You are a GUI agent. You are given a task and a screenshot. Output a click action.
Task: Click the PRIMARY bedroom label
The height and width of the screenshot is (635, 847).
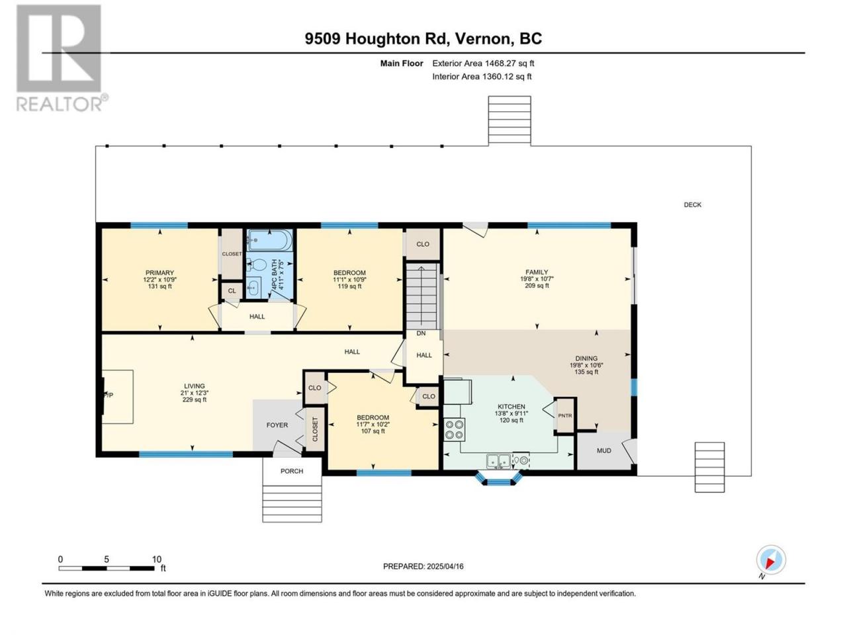159,273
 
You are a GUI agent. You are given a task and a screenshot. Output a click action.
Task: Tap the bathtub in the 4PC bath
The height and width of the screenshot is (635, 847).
269,240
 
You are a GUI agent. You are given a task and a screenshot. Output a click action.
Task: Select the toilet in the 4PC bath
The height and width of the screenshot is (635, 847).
257,265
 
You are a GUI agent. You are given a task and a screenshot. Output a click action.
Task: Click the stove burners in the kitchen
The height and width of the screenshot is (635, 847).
454,429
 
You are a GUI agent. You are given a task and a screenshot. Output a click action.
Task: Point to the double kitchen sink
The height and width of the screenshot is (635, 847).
498,460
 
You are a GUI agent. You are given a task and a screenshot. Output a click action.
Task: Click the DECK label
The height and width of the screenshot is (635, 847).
692,205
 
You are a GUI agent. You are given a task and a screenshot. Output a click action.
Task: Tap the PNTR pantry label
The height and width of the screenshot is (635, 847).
565,415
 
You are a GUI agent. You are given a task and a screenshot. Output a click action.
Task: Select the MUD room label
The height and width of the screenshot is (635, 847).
604,450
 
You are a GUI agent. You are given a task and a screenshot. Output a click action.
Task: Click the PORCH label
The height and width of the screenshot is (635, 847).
292,471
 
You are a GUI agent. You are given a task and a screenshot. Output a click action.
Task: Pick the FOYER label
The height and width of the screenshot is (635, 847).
277,425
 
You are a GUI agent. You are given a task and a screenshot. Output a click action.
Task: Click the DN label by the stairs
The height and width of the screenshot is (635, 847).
421,333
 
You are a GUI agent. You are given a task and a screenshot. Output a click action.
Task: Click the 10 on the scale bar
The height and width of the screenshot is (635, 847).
157,559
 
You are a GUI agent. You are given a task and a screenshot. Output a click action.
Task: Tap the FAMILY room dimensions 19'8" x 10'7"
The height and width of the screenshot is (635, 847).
537,278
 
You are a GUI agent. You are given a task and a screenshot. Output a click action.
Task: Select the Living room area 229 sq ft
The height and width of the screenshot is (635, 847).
195,400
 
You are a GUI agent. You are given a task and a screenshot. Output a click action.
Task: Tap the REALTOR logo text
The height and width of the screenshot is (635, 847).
59,104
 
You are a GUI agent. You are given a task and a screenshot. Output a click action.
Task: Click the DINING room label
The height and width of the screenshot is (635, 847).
586,358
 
